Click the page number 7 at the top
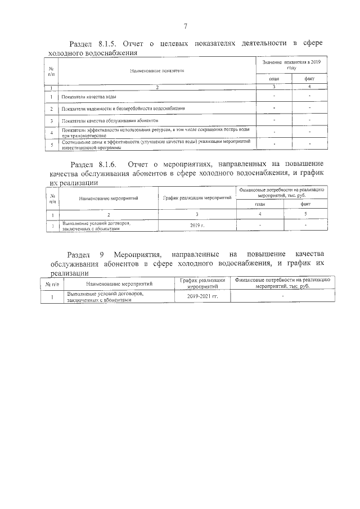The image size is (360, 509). point(184,26)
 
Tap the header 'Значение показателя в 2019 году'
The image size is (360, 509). point(290,64)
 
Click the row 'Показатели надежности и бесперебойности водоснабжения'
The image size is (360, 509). point(124,108)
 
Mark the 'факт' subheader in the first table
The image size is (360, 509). point(309,79)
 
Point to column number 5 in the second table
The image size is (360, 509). point(305,215)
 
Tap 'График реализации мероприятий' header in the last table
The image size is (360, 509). point(202,283)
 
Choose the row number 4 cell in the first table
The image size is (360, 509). point(51,133)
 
